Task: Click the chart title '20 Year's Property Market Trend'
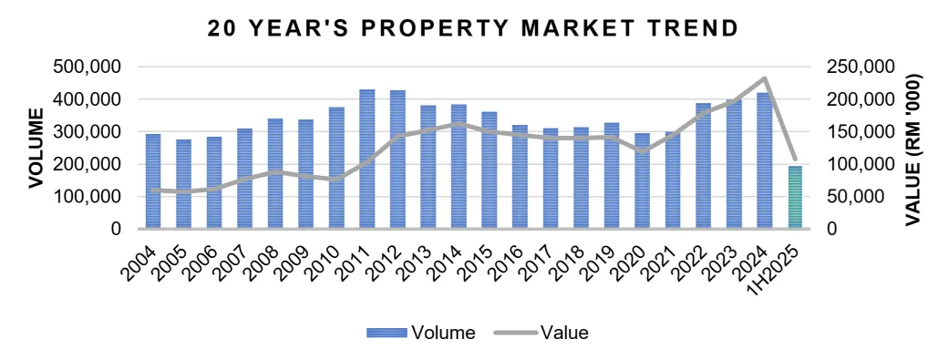[x=473, y=28]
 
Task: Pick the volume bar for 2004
[x=153, y=181]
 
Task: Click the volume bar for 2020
[x=643, y=181]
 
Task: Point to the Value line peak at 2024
[x=765, y=78]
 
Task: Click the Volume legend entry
[x=421, y=333]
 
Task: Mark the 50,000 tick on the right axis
[x=855, y=197]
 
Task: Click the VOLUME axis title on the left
[x=36, y=148]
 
